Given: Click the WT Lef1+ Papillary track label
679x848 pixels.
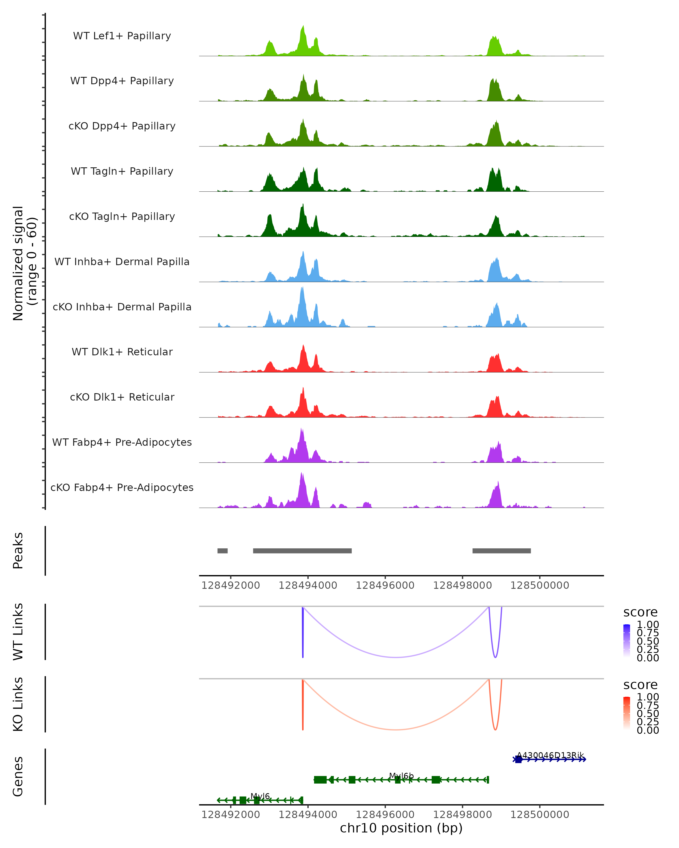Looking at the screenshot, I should [x=122, y=36].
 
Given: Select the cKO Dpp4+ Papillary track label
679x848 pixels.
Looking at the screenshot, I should [x=122, y=126].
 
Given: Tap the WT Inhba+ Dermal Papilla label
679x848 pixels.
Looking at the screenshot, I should [x=122, y=262].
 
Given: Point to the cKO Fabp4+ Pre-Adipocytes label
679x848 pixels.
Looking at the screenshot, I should [x=122, y=488].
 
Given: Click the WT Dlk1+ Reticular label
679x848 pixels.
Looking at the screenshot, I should [x=122, y=352].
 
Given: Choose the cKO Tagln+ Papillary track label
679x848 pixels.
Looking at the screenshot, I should [x=122, y=217].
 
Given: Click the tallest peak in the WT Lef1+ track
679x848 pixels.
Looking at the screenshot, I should [x=303, y=27].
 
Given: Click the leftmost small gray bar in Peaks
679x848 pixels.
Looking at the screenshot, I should [x=222, y=551].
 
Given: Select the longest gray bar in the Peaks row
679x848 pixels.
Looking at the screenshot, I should [x=302, y=551].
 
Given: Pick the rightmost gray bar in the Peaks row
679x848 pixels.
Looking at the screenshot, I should [x=502, y=551].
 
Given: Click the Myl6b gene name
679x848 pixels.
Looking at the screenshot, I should [x=401, y=776].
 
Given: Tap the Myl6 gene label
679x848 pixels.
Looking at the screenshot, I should [x=260, y=797].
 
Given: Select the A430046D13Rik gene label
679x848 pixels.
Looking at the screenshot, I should [x=550, y=755].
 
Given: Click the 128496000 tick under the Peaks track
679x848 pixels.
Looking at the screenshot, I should [x=385, y=585].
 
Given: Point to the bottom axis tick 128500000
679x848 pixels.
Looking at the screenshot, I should [x=540, y=815].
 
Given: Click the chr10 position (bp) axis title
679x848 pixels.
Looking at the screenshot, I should [x=401, y=828].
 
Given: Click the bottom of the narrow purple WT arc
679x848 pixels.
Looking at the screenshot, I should [x=495, y=657].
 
